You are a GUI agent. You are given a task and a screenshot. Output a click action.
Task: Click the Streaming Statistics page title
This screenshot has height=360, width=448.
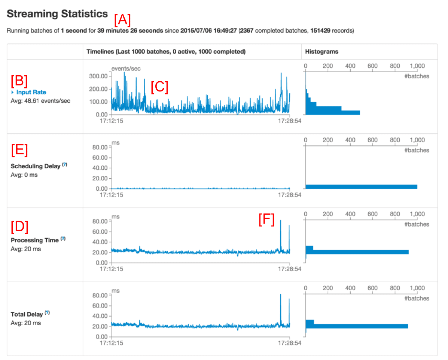(57, 14)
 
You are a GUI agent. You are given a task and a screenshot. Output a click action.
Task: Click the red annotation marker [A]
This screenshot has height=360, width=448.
(123, 19)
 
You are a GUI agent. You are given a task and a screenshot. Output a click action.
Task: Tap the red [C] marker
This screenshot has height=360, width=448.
(159, 87)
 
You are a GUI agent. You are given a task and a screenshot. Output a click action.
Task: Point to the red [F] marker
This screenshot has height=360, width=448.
(266, 219)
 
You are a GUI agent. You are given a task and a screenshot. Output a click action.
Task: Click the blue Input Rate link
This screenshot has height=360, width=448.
(31, 92)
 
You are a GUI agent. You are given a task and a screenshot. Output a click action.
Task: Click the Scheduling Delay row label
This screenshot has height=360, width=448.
(36, 166)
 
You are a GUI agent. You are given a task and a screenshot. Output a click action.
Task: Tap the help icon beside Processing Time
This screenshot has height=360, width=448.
(63, 238)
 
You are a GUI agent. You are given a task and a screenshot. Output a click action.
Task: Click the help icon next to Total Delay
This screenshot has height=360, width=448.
(47, 312)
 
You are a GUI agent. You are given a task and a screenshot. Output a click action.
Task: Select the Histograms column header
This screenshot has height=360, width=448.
(321, 52)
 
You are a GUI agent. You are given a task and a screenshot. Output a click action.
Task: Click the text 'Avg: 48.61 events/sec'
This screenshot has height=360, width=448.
(41, 101)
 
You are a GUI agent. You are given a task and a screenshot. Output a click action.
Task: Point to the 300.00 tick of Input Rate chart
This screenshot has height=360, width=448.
(99, 76)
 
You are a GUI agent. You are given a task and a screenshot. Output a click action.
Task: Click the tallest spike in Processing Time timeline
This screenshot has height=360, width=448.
(280, 221)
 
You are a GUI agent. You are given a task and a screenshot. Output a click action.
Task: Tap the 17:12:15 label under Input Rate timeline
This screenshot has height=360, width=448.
(112, 121)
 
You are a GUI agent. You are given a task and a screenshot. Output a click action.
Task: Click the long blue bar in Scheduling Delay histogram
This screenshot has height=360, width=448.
(361, 187)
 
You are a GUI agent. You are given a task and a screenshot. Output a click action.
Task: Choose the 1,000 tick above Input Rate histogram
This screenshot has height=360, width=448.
(417, 66)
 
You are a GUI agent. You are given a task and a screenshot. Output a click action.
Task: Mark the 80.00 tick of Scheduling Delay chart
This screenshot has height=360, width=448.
(100, 147)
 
